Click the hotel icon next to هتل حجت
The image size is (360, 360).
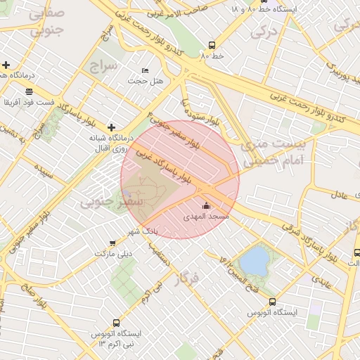point(146,70)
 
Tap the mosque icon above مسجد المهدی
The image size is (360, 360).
point(206,205)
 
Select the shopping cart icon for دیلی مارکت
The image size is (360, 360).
point(112,243)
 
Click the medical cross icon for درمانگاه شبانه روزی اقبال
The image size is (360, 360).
point(111,127)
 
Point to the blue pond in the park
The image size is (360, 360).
point(255,262)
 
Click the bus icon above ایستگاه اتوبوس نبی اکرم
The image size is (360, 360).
point(96,323)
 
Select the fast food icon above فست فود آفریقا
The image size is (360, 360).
point(28,91)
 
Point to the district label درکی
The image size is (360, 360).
point(264,32)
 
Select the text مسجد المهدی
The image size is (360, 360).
point(207,217)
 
